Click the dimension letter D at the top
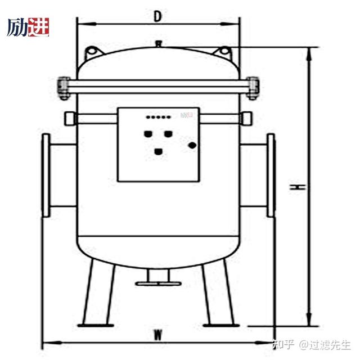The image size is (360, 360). (158, 16)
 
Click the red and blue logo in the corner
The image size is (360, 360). (28, 26)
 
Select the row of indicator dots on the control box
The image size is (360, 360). (158, 118)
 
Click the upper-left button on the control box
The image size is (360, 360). (149, 134)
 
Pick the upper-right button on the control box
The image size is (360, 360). (168, 134)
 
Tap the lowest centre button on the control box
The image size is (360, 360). (159, 151)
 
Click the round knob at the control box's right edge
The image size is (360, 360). (193, 145)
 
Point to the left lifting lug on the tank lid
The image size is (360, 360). (92, 52)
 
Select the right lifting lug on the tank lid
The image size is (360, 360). (226, 52)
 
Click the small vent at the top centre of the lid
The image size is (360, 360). (159, 43)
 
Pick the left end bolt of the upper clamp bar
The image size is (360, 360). (64, 86)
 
